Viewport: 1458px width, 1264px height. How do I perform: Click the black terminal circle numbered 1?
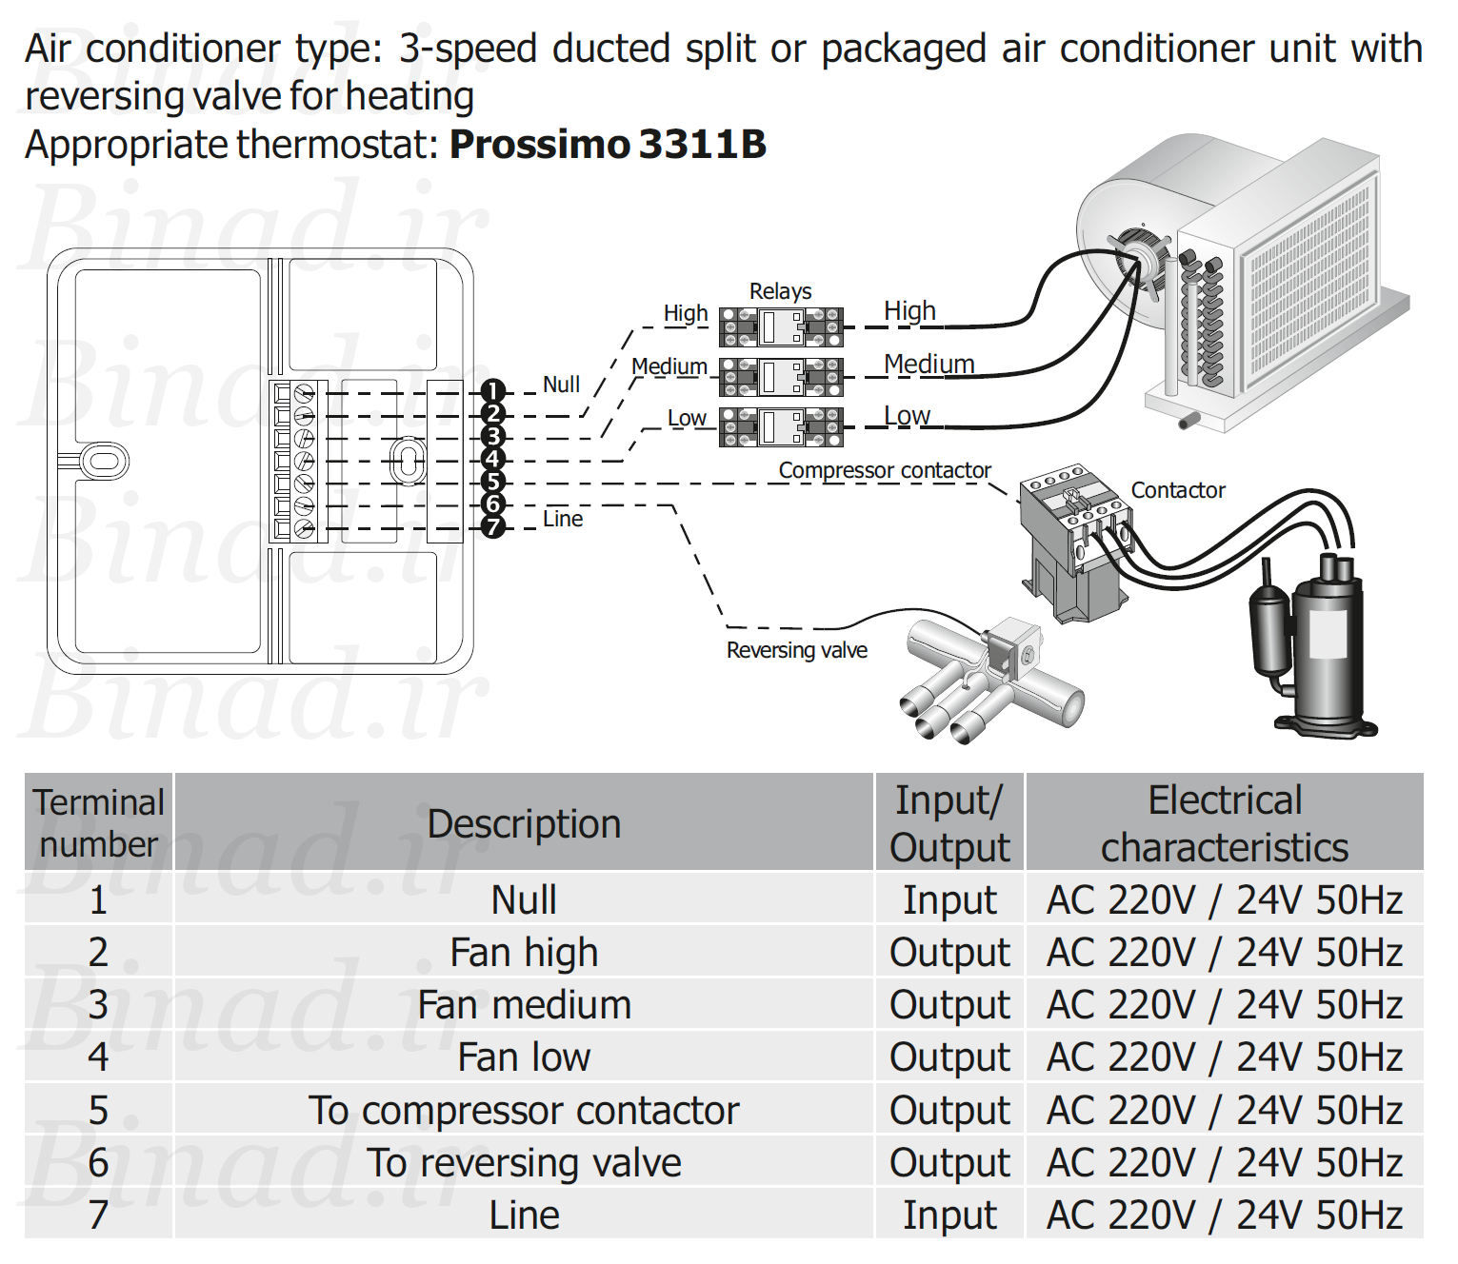point(491,391)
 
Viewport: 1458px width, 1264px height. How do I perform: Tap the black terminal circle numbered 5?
point(491,482)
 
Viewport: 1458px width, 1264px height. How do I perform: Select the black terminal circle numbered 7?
point(491,527)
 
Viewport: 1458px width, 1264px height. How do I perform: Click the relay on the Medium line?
point(781,377)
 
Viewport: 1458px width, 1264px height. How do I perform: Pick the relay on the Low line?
point(781,426)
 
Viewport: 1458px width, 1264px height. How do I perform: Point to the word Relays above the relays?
point(780,291)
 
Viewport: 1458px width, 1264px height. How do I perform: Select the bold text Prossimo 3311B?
point(608,145)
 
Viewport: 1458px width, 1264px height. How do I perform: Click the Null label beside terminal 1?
point(561,385)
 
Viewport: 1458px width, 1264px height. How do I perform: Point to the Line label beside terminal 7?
point(562,519)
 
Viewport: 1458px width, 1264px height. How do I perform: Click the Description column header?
point(524,824)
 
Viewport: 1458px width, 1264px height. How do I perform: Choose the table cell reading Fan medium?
point(524,1004)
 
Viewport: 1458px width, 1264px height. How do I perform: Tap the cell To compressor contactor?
point(524,1110)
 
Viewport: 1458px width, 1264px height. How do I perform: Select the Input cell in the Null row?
point(949,900)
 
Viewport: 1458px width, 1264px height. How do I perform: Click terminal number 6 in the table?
point(98,1162)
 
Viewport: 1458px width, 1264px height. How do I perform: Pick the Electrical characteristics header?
point(1225,823)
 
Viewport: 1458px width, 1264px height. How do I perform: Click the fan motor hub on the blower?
point(1132,260)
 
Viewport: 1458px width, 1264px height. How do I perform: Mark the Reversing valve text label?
point(797,650)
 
